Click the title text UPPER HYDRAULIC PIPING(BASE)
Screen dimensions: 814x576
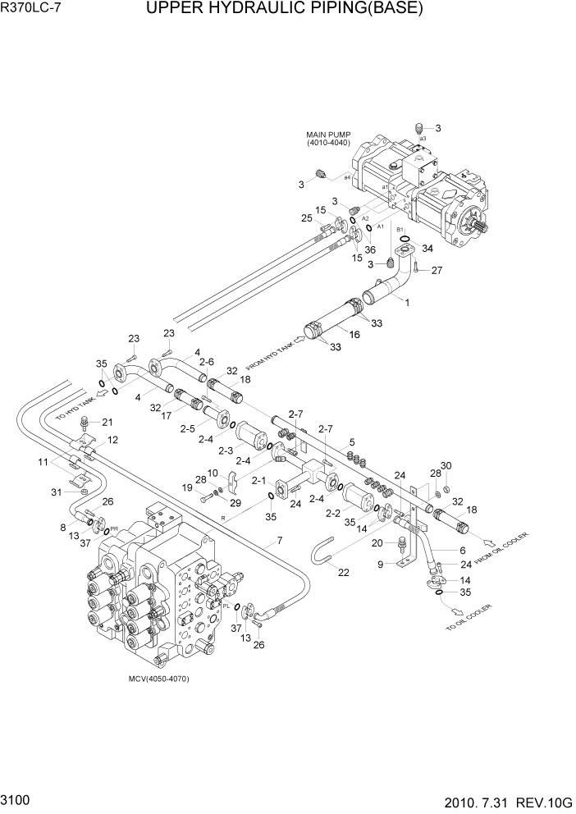285,10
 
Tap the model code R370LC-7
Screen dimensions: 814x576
34,10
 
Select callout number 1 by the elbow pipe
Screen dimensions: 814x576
406,301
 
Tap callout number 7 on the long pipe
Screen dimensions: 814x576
279,540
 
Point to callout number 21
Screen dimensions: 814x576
107,422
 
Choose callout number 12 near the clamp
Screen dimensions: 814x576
112,440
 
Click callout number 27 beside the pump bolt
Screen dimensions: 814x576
437,270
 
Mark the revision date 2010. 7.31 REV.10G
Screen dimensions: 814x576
496,798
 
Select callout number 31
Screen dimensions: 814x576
56,492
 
